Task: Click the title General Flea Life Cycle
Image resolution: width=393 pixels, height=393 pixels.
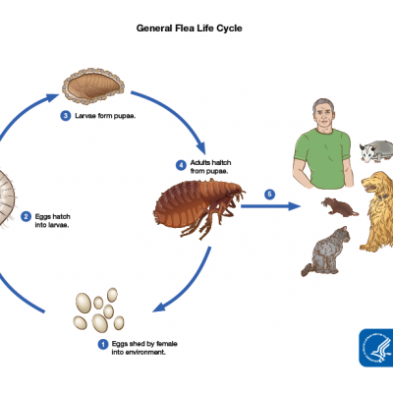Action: (190, 28)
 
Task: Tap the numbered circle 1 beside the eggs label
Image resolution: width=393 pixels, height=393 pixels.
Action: (103, 345)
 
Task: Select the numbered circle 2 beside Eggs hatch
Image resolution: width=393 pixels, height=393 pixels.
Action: (26, 217)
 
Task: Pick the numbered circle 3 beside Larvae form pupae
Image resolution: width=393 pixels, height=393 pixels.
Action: (66, 116)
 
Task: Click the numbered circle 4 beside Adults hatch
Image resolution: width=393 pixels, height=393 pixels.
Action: (181, 165)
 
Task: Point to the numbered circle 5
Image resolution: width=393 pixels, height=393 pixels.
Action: (269, 195)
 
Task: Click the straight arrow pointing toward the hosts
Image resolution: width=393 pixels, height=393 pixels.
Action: (270, 206)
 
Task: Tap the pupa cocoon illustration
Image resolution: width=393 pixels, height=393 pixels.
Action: (93, 85)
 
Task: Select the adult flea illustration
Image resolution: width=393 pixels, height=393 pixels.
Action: (199, 206)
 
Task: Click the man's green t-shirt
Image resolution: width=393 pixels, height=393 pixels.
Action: (322, 157)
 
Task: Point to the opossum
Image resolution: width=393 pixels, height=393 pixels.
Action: (376, 151)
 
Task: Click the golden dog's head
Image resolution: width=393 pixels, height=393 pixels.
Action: (376, 185)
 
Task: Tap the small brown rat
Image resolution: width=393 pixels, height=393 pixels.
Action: (339, 207)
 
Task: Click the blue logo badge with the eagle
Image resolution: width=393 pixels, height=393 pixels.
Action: (376, 348)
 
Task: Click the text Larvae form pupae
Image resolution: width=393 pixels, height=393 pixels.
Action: (105, 116)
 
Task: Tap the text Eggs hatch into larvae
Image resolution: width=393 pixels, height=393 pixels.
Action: (52, 221)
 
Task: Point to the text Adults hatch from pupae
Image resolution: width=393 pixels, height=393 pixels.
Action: (210, 167)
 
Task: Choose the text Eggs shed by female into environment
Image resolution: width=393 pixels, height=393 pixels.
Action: (144, 348)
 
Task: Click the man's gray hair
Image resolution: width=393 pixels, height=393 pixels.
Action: (322, 104)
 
